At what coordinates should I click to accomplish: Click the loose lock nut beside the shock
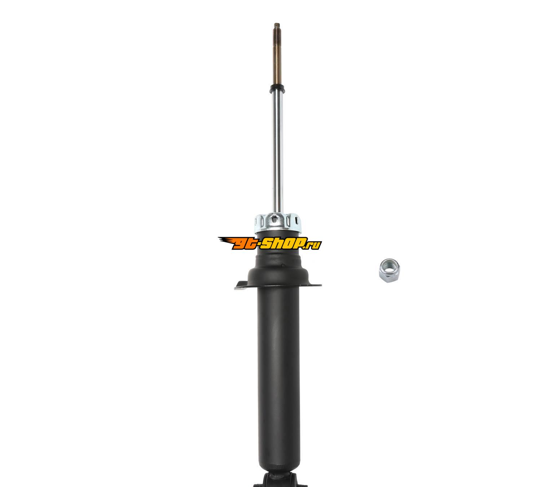coord(389,270)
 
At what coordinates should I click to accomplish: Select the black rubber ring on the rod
coord(277,89)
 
